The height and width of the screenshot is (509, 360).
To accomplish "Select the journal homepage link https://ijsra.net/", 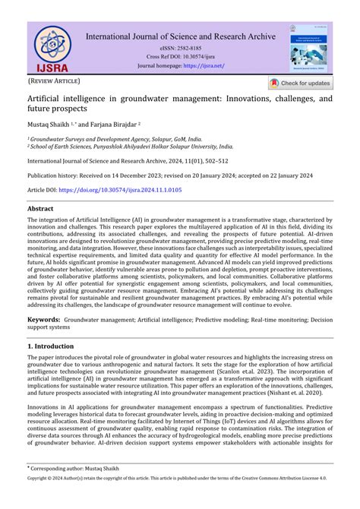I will pyautogui.click(x=203, y=66).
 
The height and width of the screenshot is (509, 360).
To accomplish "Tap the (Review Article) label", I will pyautogui.click(x=53, y=80).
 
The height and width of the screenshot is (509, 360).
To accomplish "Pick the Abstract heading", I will pyautogui.click(x=40, y=207).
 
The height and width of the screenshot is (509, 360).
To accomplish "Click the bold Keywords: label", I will pyautogui.click(x=43, y=321).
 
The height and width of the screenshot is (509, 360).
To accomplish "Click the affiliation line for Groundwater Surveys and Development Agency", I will pyautogui.click(x=115, y=139).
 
